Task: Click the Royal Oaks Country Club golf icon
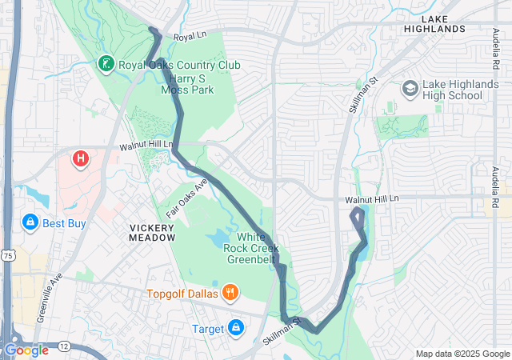(106, 63)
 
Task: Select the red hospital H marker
(81, 159)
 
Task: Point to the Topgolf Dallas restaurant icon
(230, 292)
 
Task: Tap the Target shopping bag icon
(236, 328)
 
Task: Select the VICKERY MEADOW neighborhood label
(152, 232)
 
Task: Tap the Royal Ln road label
(190, 37)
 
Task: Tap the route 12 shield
(63, 344)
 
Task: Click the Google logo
(26, 350)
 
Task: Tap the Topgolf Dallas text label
(183, 293)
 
